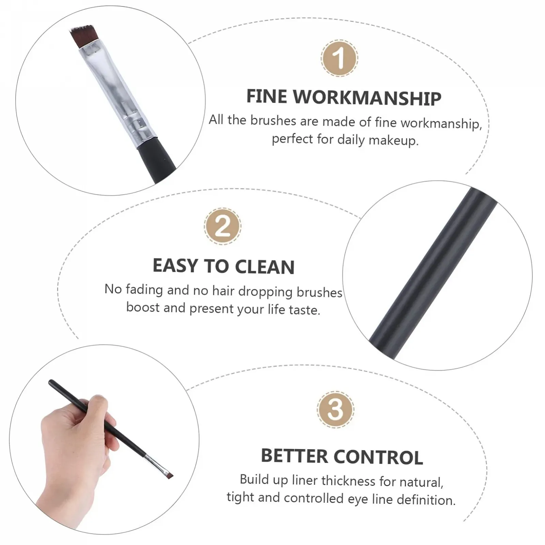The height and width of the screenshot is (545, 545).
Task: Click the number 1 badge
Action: tap(339, 58)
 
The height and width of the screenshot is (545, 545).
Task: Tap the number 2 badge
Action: tap(223, 226)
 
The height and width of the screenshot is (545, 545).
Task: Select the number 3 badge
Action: tap(335, 409)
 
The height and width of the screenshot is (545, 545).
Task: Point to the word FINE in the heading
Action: tap(267, 96)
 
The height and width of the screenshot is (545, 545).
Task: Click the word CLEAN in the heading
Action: tap(265, 267)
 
